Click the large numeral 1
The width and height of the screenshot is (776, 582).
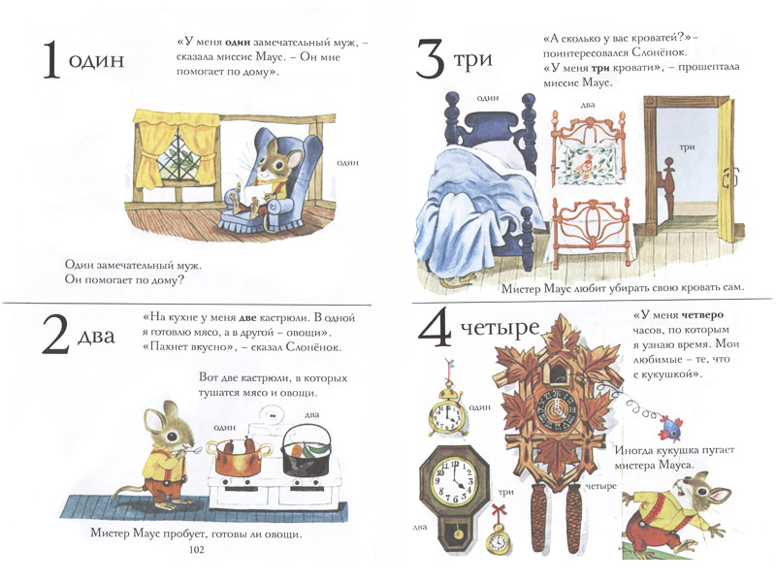tap(52, 60)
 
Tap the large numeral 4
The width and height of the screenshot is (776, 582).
tap(435, 327)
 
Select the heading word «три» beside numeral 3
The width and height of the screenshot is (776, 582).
tap(472, 59)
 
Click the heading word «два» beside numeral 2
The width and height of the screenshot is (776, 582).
tap(96, 336)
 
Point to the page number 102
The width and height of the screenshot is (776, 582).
tap(197, 549)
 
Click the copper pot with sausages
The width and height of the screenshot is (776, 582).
tap(239, 455)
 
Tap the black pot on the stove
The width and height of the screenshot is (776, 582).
tap(307, 451)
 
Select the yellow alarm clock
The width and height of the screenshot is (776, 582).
tap(447, 411)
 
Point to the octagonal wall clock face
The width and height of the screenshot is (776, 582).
tap(454, 478)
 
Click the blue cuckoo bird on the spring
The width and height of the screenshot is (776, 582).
tap(669, 428)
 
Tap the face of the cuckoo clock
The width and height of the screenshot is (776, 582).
tap(557, 408)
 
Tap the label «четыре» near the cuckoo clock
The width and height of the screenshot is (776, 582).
tap(600, 487)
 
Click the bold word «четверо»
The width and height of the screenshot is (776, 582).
tap(701, 314)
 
